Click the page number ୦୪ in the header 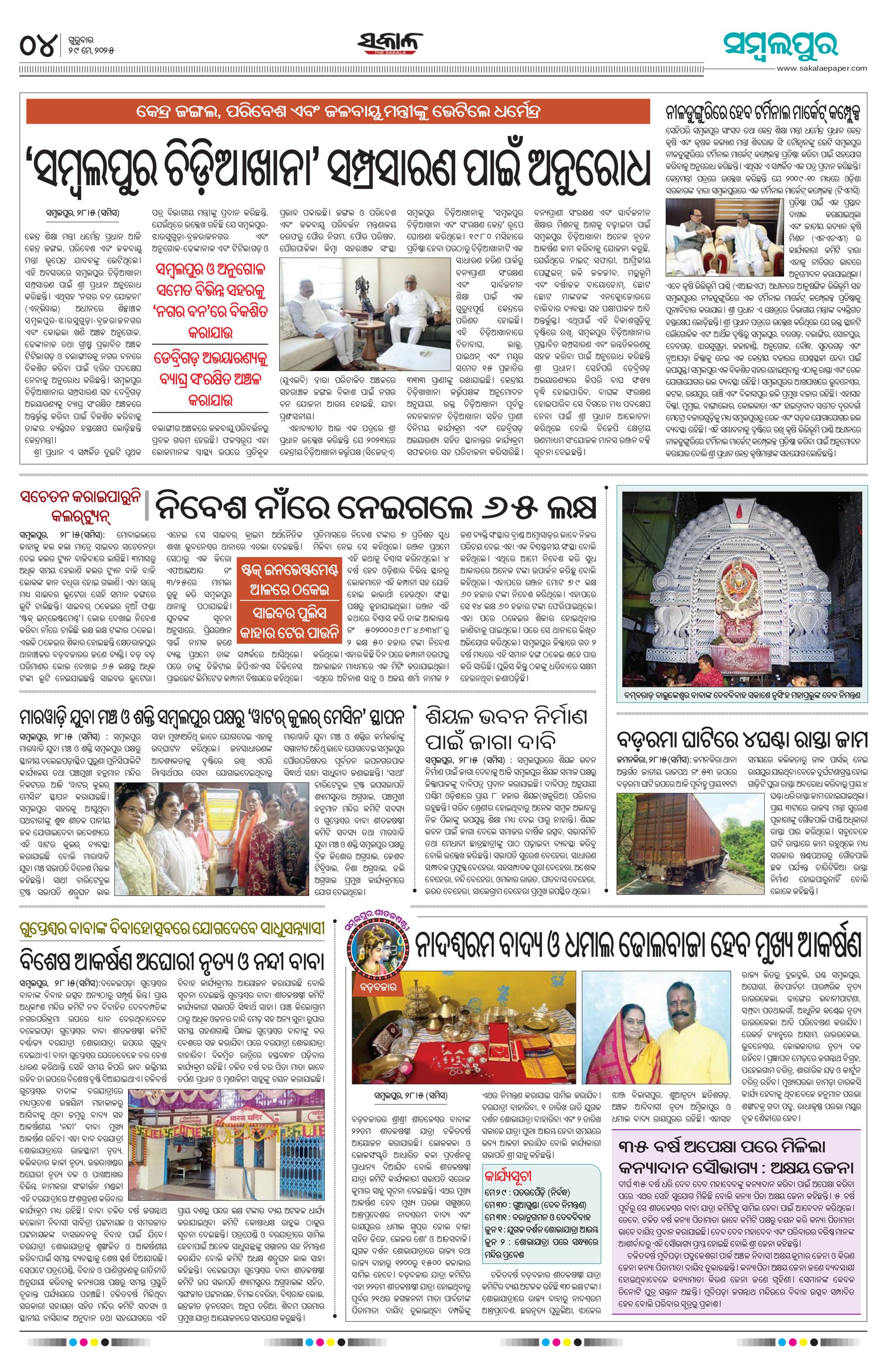point(39,45)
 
